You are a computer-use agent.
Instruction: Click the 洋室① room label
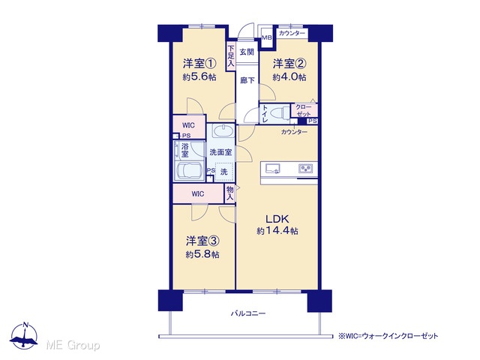coord(199,64)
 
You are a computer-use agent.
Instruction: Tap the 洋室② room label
coord(289,64)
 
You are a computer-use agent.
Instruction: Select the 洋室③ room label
coord(202,241)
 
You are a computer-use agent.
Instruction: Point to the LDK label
coord(277,219)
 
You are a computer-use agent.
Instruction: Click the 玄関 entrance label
coord(247,52)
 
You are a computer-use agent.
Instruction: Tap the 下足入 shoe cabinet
coord(231,56)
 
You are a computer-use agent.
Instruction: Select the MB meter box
coord(266,38)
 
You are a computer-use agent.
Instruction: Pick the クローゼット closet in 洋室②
coord(304,110)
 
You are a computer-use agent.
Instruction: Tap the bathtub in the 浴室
coord(189,171)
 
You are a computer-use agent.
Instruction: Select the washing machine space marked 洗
coord(224,172)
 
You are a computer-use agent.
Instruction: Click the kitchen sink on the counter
coord(273,168)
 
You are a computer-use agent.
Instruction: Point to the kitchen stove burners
coord(305,168)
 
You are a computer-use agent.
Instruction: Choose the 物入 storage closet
coord(230,193)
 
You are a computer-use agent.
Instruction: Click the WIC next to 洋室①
coord(189,126)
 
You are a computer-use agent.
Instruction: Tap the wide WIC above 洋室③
coord(198,193)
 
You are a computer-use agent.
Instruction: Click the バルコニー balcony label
coord(248,313)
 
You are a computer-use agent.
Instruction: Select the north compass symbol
coord(24,336)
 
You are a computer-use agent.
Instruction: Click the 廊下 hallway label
coord(247,80)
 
